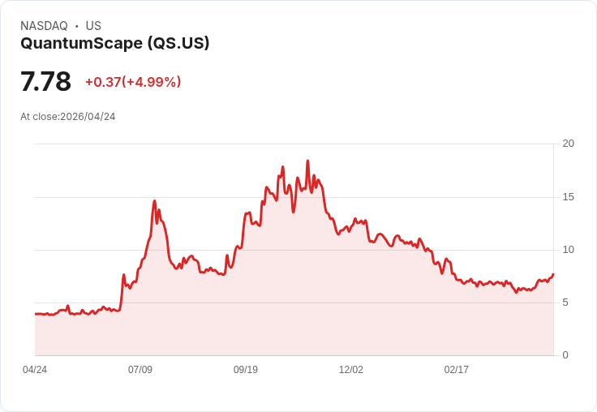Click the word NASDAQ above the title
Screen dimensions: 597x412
pos(44,26)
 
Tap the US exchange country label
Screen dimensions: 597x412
pos(93,26)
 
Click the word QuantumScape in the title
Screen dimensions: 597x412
pos(81,44)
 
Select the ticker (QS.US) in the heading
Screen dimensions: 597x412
pos(178,43)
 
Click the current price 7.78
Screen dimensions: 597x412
pos(45,81)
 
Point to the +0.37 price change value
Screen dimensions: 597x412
pos(103,82)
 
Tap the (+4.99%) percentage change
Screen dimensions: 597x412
pos(152,82)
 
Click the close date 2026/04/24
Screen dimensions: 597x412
pos(88,117)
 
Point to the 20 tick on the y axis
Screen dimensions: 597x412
pos(568,144)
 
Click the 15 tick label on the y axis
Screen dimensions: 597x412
pos(568,197)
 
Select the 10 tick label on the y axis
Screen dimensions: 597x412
pos(568,250)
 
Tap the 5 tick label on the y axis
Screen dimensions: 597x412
pos(565,303)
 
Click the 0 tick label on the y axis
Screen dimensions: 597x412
pos(565,355)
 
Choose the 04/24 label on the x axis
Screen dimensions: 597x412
pos(35,370)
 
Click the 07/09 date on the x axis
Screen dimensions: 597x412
pos(140,370)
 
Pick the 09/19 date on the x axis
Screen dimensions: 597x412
pos(246,370)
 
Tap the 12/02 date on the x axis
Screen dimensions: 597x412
pos(351,370)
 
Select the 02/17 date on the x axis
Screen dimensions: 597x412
pos(456,370)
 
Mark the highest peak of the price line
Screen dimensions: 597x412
pos(307,161)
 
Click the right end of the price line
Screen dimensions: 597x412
pos(553,274)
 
